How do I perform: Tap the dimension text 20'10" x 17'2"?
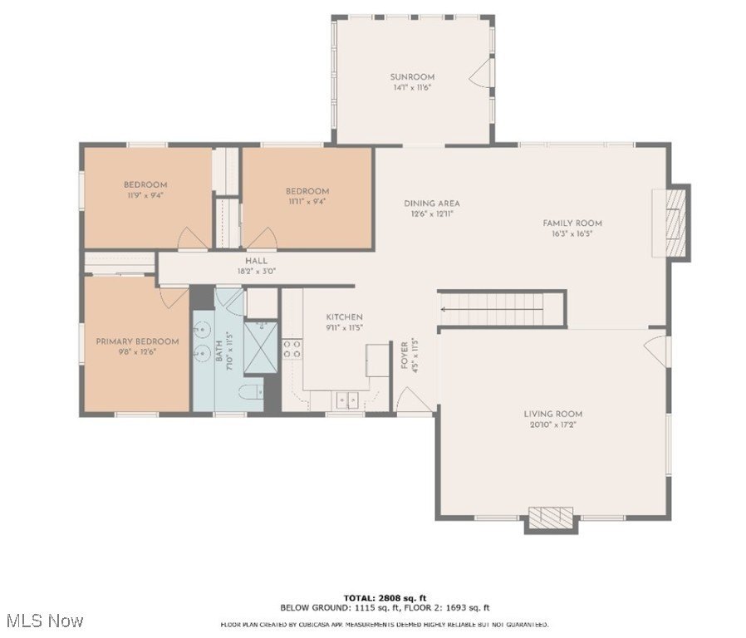pyautogui.click(x=552, y=425)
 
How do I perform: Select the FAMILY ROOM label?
pyautogui.click(x=572, y=223)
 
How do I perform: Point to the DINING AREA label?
pyautogui.click(x=431, y=204)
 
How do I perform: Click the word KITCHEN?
pyautogui.click(x=344, y=317)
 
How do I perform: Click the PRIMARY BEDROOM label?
pyautogui.click(x=137, y=341)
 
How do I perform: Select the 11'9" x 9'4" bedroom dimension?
pyautogui.click(x=145, y=195)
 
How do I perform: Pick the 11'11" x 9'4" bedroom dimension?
pyautogui.click(x=308, y=201)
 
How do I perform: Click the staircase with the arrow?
pyautogui.click(x=501, y=309)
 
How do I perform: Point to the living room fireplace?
pyautogui.click(x=551, y=518)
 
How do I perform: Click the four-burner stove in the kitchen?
pyautogui.click(x=292, y=349)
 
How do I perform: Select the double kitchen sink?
pyautogui.click(x=348, y=400)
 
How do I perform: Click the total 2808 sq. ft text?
pyautogui.click(x=385, y=596)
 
